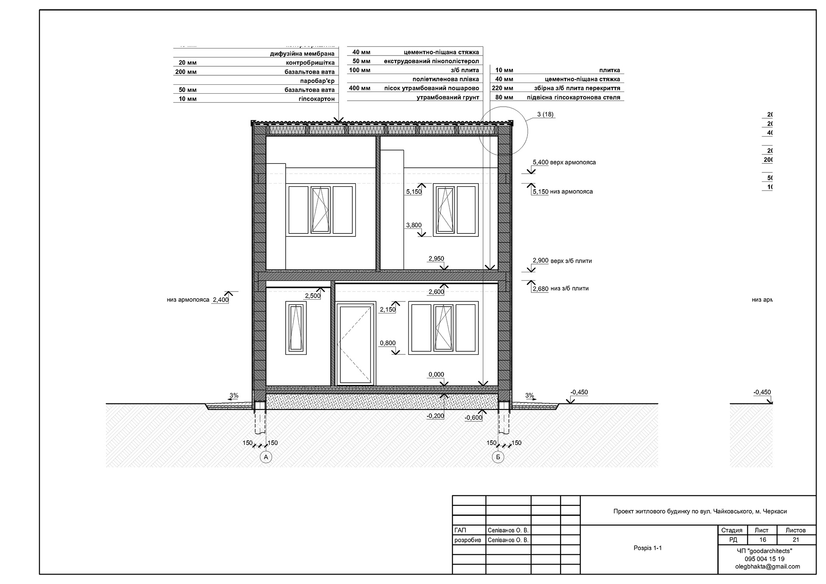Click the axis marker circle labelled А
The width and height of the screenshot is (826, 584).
click(266, 457)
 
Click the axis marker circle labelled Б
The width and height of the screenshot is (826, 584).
click(498, 457)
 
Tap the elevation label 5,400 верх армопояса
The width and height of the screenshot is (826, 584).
click(564, 163)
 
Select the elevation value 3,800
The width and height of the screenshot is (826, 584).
click(414, 225)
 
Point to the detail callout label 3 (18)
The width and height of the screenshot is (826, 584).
click(545, 114)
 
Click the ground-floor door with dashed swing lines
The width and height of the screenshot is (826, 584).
click(355, 344)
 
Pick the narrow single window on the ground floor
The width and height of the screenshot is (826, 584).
click(296, 328)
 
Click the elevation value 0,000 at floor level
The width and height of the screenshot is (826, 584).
click(436, 375)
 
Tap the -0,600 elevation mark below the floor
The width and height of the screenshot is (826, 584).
click(473, 418)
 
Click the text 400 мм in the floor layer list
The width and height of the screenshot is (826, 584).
click(359, 88)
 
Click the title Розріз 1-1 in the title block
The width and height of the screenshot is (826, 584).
click(647, 548)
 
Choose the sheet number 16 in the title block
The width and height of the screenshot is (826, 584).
click(762, 540)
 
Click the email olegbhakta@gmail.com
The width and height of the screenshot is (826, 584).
click(767, 566)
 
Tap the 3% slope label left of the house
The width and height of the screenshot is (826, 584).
click(234, 395)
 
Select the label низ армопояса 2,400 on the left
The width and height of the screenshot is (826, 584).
click(198, 300)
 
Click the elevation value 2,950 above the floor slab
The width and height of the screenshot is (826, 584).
click(436, 258)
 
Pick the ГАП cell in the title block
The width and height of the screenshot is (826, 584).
click(460, 531)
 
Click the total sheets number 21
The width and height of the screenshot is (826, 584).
click(795, 540)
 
